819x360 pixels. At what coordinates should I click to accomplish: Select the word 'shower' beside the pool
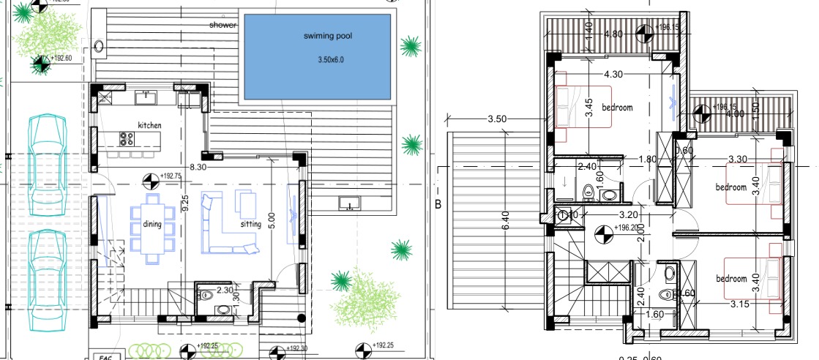click(222, 25)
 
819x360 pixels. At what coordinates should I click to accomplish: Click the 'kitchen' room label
click(149, 125)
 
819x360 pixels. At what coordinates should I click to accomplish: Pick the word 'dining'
click(152, 225)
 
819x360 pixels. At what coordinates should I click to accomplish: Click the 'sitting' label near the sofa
click(250, 225)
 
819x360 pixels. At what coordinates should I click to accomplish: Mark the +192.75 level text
click(170, 176)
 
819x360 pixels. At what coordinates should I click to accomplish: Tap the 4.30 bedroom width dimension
click(613, 74)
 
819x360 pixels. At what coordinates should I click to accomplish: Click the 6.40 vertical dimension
click(504, 219)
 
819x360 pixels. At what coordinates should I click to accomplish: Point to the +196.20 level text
click(627, 228)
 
